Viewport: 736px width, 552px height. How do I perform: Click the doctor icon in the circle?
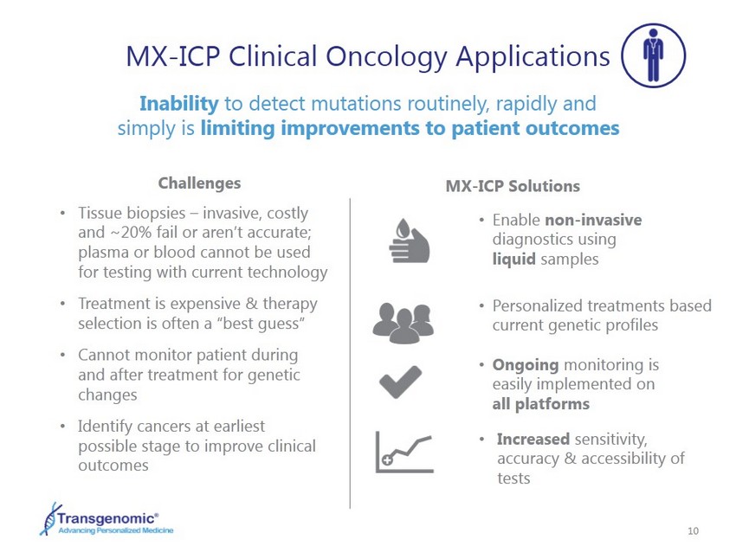click(x=654, y=55)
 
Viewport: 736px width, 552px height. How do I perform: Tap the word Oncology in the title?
click(x=387, y=57)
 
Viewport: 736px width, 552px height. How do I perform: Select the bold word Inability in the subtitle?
click(x=179, y=104)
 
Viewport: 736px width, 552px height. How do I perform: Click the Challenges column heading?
click(x=199, y=183)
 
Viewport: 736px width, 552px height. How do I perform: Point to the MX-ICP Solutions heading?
click(x=513, y=186)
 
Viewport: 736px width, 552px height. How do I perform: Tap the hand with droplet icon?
click(x=410, y=241)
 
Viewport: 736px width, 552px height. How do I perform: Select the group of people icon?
click(x=404, y=323)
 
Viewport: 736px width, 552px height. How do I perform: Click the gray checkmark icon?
click(x=400, y=382)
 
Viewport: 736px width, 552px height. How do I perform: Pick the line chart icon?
click(x=404, y=453)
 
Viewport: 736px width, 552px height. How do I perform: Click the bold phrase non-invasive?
click(x=593, y=220)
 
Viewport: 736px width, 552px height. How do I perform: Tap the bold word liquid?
click(x=514, y=259)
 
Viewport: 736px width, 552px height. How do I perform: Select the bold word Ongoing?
click(x=526, y=365)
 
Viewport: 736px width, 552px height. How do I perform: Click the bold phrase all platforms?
click(x=540, y=404)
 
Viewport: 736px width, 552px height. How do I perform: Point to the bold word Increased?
click(x=533, y=439)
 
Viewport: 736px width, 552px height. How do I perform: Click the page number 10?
click(x=693, y=531)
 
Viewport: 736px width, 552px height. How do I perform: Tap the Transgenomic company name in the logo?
click(x=107, y=518)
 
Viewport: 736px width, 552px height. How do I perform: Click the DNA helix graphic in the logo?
click(x=48, y=519)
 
